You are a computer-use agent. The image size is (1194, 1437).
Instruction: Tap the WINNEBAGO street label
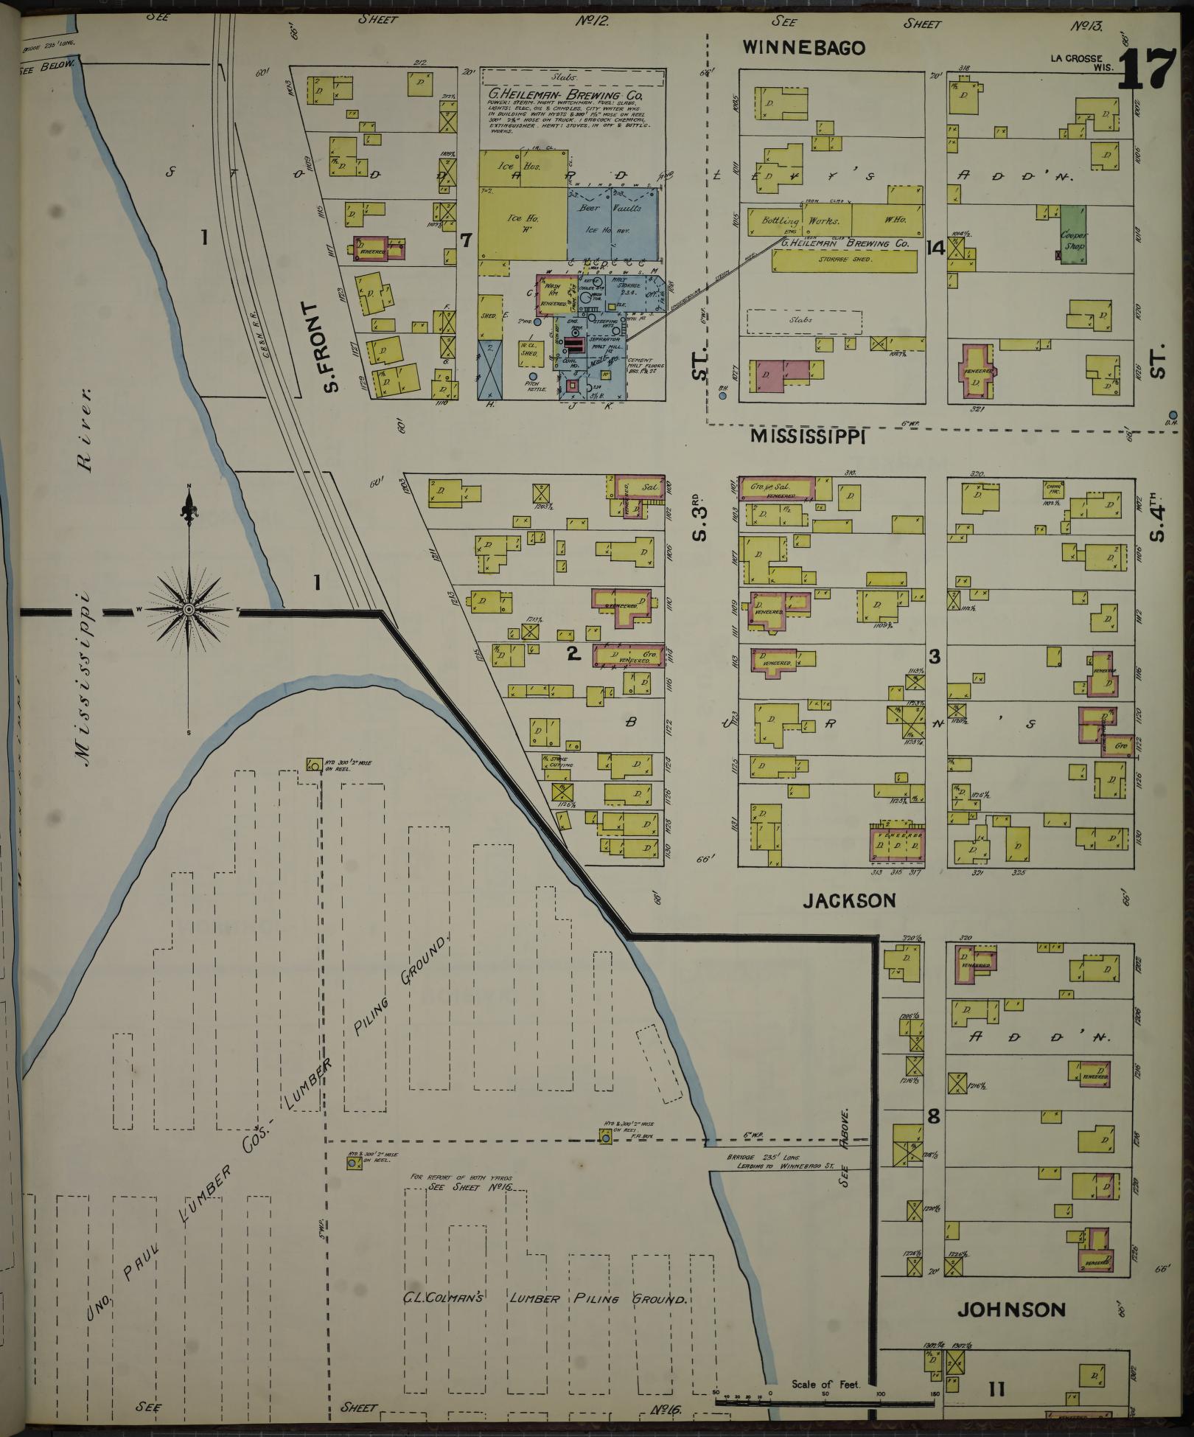click(803, 48)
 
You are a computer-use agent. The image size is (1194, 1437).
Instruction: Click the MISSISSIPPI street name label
click(807, 436)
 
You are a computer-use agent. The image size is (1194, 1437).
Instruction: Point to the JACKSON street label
click(849, 900)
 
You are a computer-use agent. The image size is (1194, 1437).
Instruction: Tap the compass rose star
click(189, 610)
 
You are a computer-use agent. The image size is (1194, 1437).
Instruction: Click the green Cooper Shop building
click(1073, 234)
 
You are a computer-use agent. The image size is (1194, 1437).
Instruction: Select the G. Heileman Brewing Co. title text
click(565, 96)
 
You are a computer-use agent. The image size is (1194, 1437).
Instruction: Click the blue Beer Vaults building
click(613, 220)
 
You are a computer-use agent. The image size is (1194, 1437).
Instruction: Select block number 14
click(935, 248)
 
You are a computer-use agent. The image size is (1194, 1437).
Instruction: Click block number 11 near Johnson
click(996, 1390)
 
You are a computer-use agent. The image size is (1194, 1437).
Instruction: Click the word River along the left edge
click(85, 430)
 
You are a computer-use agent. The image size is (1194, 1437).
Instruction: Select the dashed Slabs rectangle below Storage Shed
click(803, 321)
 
